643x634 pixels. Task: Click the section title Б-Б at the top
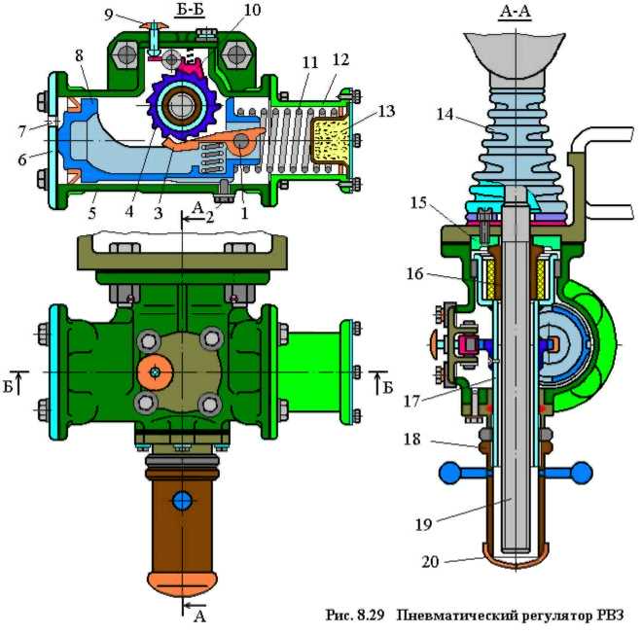coord(190,11)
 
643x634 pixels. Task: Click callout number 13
coord(386,111)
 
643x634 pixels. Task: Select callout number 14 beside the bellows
coord(446,115)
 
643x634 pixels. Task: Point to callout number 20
coord(431,561)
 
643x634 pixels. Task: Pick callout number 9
coord(108,16)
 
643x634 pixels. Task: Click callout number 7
coord(21,131)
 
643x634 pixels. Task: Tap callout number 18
coord(412,440)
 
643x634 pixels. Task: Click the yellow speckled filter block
coord(331,139)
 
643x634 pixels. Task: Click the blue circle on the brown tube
coord(183,501)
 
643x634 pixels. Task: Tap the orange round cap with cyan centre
coord(155,372)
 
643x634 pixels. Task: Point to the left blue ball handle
coord(451,473)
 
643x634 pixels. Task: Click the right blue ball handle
coord(580,473)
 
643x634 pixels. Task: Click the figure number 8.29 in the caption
coord(370,615)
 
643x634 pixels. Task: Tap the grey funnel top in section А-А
coord(515,55)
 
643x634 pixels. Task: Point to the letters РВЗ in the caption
coord(609,614)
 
